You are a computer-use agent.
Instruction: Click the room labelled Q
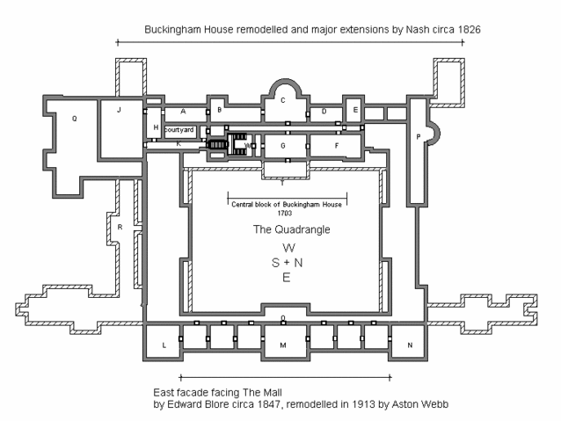click(x=74, y=118)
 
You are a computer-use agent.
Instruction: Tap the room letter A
click(x=182, y=112)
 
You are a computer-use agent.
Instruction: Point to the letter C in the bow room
click(x=283, y=100)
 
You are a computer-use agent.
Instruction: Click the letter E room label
click(x=354, y=110)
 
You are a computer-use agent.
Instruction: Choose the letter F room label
click(x=336, y=144)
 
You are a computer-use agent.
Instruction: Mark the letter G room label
click(x=283, y=144)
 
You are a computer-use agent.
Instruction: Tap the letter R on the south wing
click(x=120, y=229)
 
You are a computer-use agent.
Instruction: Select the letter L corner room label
click(x=164, y=345)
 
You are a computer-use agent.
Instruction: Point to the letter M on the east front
click(x=282, y=345)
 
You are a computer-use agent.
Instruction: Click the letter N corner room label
click(x=409, y=345)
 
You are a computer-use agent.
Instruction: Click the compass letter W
click(x=287, y=249)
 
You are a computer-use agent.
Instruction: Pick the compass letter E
click(x=287, y=277)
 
